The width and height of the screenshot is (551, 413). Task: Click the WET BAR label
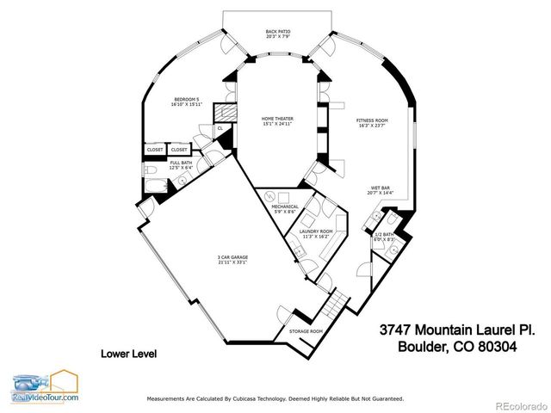tap(381, 188)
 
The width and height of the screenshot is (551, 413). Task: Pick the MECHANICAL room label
tap(285, 206)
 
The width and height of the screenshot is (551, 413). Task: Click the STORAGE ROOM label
tap(306, 331)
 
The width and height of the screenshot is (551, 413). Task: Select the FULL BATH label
tap(180, 163)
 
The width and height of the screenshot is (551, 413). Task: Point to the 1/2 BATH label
tap(383, 234)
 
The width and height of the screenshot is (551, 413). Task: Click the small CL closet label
tap(220, 127)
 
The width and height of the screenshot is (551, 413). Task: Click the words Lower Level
tap(128, 354)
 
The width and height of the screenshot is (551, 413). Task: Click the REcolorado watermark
tap(518, 404)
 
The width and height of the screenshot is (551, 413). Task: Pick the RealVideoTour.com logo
tap(45, 387)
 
